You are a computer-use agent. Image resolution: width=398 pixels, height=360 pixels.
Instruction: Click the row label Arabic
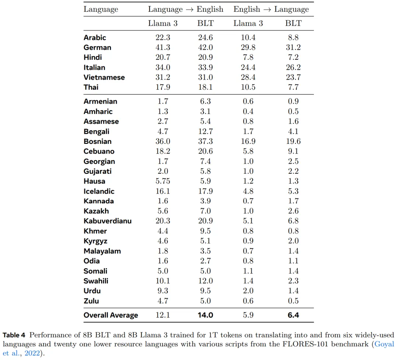[95, 37]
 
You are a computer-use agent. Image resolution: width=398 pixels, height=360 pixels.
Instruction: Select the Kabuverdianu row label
[107, 221]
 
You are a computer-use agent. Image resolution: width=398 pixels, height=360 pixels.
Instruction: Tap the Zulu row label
[91, 301]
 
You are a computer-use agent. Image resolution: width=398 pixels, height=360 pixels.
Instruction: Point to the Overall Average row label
[111, 315]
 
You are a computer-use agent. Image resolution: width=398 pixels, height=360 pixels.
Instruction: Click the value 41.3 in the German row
[163, 47]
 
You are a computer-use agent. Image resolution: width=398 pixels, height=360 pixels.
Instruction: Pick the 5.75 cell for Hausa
[163, 181]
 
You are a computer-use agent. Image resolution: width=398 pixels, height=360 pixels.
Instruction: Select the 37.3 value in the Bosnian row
[205, 141]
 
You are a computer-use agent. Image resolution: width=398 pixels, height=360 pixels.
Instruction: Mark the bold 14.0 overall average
[205, 315]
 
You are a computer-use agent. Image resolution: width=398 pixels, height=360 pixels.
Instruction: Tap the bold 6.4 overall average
[293, 315]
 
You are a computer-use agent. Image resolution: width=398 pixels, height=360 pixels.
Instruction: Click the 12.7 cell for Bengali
[205, 131]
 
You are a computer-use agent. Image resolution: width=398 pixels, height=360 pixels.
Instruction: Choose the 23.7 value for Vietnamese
[293, 77]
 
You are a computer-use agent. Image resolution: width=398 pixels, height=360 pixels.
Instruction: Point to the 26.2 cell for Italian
[293, 67]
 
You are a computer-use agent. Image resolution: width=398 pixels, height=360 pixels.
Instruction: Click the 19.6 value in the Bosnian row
[293, 141]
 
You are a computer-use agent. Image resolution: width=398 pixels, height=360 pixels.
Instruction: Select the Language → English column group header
[186, 9]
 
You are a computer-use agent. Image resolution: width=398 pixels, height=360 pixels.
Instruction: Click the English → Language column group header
[271, 9]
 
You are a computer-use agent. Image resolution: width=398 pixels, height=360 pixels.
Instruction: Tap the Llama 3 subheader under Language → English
[163, 23]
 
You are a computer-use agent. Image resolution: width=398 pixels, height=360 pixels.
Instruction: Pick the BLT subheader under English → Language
[293, 23]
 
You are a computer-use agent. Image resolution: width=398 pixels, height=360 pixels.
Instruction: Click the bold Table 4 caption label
[15, 335]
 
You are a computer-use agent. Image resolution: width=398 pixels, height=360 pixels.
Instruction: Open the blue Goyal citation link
[383, 344]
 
